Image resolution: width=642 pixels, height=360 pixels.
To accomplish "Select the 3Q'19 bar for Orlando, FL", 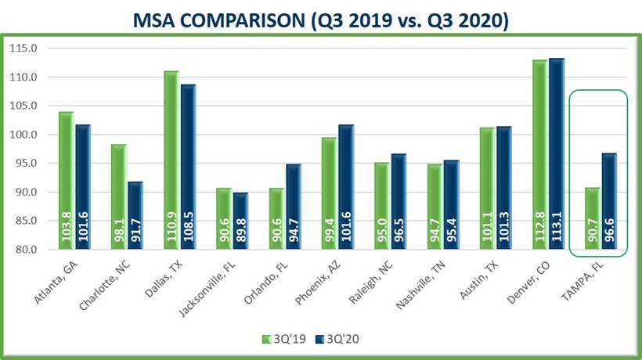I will (276, 219).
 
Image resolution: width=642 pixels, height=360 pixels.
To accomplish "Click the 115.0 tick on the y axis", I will (24, 49).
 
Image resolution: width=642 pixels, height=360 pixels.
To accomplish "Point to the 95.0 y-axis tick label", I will (24, 164).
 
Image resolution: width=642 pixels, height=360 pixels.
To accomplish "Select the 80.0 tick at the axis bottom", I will (24, 250).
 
